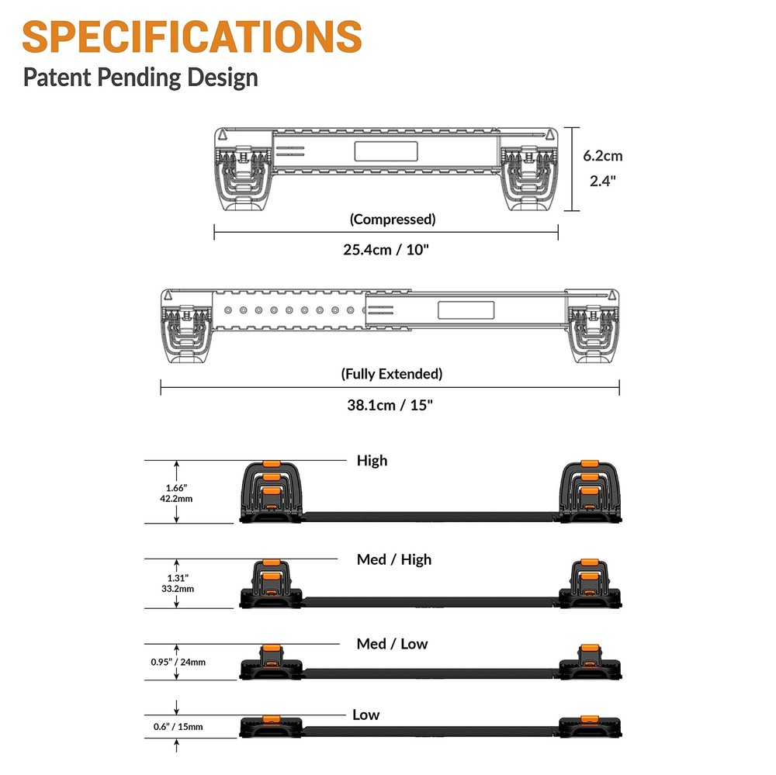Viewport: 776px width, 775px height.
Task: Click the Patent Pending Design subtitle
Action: click(140, 78)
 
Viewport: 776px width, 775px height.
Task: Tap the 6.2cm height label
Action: click(603, 155)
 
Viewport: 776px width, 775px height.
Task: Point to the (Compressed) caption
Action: click(393, 219)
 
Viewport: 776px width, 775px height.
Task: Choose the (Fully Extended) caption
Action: click(392, 374)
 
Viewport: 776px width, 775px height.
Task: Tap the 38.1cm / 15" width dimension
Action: click(390, 404)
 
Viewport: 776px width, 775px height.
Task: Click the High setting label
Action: click(372, 460)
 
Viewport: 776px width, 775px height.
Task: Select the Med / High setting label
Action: click(393, 559)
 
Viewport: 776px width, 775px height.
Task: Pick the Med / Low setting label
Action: click(392, 644)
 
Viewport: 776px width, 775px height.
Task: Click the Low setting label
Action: click(365, 714)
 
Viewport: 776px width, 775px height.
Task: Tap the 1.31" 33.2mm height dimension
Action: click(177, 583)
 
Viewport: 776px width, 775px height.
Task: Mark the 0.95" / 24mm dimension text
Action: click(178, 663)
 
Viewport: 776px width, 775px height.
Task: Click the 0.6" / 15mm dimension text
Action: click(178, 727)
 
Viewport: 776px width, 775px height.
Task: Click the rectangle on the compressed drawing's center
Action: click(386, 151)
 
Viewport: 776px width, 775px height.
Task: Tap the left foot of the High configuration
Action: click(269, 493)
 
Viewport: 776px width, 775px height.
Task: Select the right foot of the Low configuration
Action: click(589, 726)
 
